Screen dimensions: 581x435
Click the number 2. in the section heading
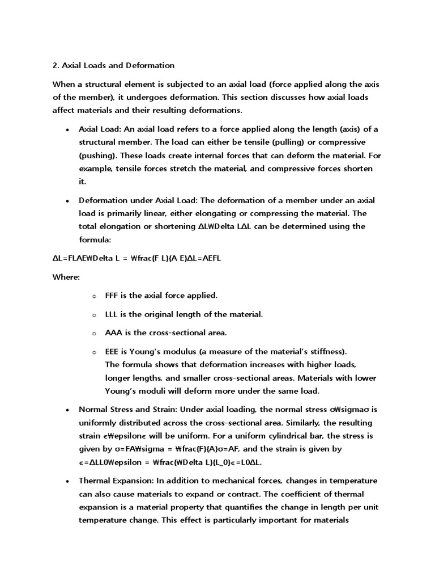coord(56,65)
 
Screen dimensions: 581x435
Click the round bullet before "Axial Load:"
coord(67,129)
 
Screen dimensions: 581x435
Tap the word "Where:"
coord(66,277)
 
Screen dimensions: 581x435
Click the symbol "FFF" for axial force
coord(113,296)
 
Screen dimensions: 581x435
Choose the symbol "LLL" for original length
coord(113,314)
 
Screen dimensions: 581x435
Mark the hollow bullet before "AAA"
coord(95,333)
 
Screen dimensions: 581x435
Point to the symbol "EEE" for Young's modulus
coord(113,351)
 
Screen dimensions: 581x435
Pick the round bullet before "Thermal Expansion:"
coord(67,481)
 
